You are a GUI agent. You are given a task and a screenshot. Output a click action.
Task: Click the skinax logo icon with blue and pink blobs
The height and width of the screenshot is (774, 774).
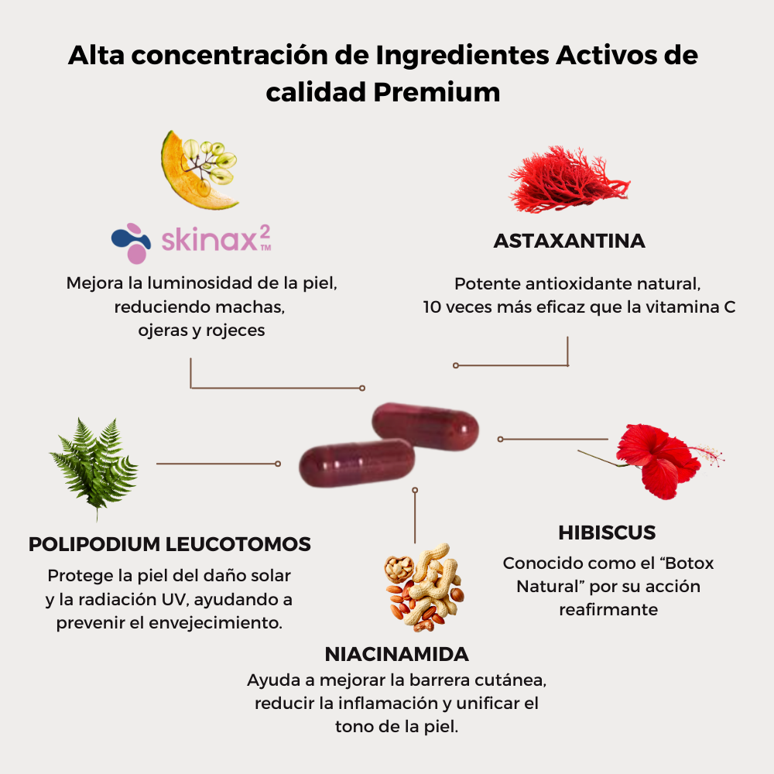pyautogui.click(x=131, y=241)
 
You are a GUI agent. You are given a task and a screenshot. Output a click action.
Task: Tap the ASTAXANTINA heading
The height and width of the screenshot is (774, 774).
pyautogui.click(x=569, y=241)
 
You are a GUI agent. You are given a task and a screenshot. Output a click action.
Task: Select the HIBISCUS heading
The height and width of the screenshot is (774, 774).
pyautogui.click(x=607, y=533)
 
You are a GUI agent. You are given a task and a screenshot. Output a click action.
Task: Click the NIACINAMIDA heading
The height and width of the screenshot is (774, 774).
pyautogui.click(x=396, y=654)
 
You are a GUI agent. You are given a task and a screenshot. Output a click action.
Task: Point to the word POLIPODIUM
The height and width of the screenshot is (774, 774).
pyautogui.click(x=95, y=544)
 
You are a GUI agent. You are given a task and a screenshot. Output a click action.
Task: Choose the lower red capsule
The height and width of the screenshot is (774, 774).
pyautogui.click(x=358, y=462)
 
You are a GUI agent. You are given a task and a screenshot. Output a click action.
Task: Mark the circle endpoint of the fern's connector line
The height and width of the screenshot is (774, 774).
pyautogui.click(x=278, y=464)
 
